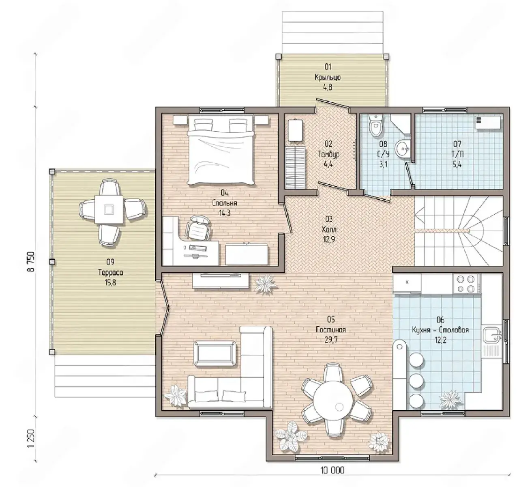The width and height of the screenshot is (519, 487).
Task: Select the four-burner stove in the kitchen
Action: click(x=466, y=284)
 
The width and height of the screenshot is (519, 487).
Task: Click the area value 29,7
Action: click(x=331, y=340)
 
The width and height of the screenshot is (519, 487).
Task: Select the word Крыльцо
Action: click(x=328, y=78)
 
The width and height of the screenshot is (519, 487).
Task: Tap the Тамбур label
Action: click(x=328, y=154)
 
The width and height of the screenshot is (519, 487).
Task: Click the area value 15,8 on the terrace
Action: click(x=111, y=282)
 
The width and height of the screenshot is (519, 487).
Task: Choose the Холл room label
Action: click(x=329, y=230)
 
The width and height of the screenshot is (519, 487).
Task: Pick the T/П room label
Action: click(x=457, y=154)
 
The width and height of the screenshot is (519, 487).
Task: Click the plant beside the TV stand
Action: click(x=266, y=284)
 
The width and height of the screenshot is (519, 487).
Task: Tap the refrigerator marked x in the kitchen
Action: click(x=407, y=283)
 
